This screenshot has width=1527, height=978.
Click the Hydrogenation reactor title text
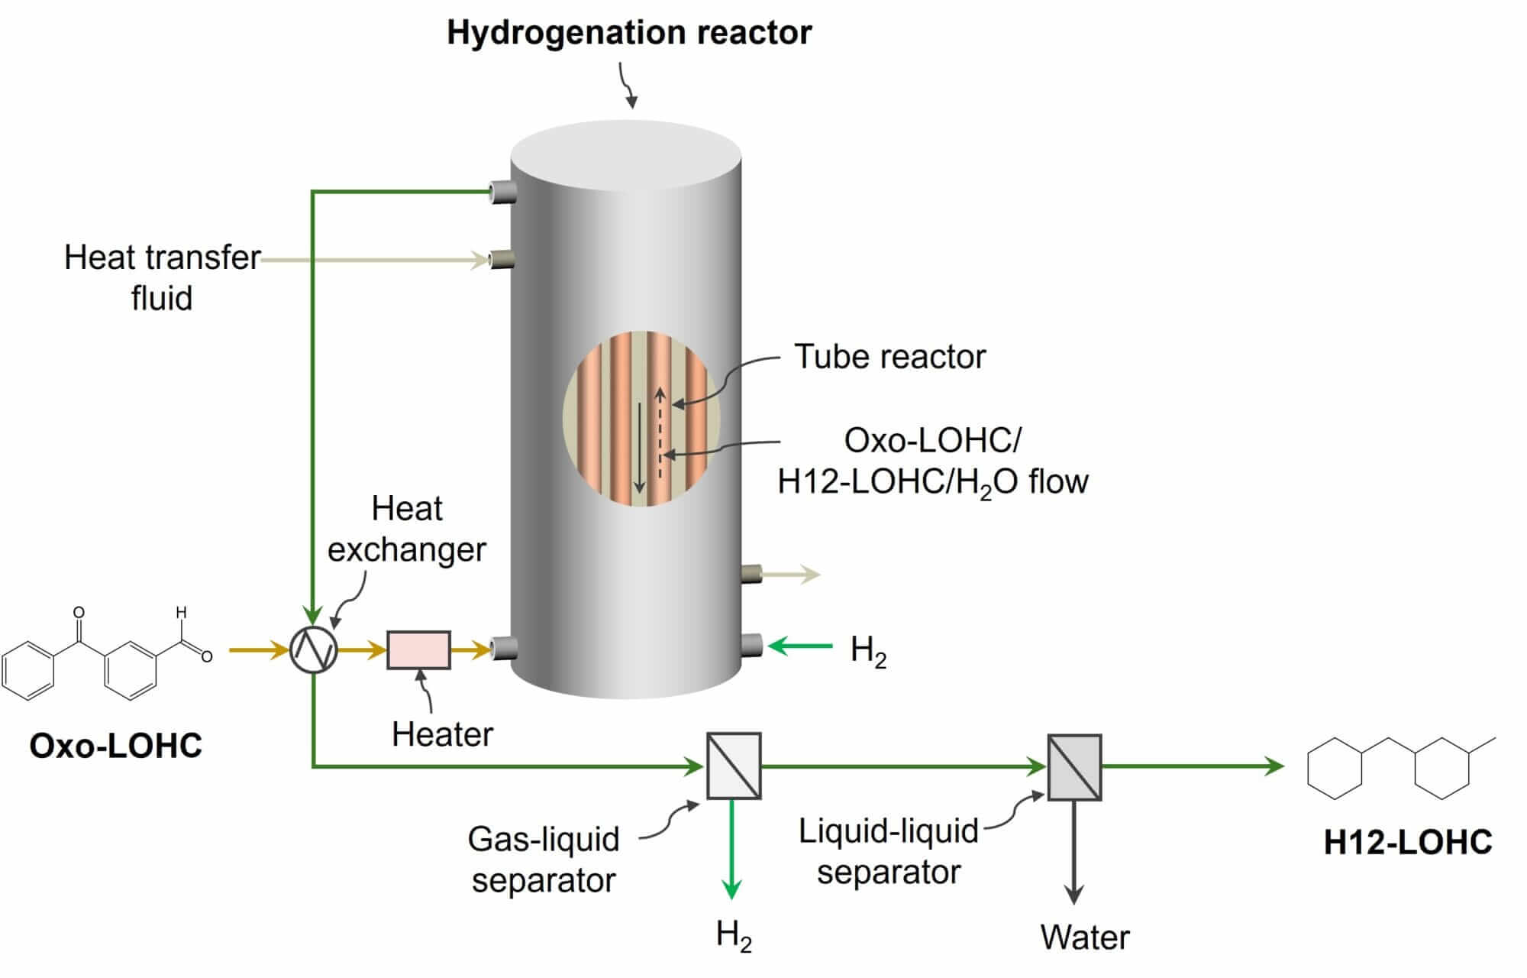tap(629, 33)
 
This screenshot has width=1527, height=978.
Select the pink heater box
tap(418, 650)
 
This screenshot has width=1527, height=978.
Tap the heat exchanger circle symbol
tap(314, 650)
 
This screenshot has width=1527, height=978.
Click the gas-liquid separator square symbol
tap(734, 766)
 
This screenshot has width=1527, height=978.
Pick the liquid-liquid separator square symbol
tap(1074, 767)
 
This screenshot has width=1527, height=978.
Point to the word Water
tap(1084, 938)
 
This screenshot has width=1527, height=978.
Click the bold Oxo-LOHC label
tap(116, 746)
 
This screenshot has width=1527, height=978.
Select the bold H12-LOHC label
tap(1407, 842)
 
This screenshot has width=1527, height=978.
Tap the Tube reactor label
tap(889, 357)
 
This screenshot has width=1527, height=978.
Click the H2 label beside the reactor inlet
tap(868, 651)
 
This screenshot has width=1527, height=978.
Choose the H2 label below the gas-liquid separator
tap(734, 936)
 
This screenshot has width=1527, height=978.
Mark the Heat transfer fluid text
tap(162, 277)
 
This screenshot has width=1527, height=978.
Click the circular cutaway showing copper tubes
tap(641, 419)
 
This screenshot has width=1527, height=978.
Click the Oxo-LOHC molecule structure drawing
tap(107, 658)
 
